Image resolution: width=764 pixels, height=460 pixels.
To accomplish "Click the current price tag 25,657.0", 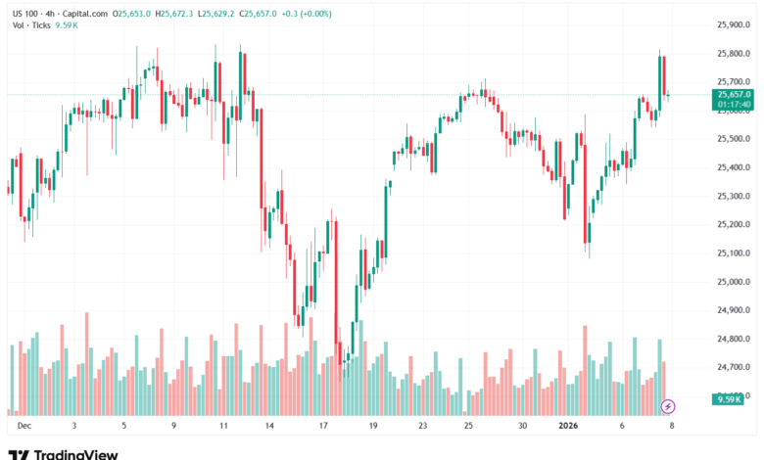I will click(734, 94).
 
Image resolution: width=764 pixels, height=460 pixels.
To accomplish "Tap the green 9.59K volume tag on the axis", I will click(728, 399).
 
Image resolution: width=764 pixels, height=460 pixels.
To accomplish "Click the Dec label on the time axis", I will click(24, 427).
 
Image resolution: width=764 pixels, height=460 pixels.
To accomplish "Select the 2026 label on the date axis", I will click(569, 427).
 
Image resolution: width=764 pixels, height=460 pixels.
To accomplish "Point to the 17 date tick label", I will click(323, 427).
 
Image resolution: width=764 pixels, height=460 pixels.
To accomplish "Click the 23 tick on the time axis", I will click(422, 427).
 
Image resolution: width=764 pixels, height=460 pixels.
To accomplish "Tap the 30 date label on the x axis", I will click(523, 427).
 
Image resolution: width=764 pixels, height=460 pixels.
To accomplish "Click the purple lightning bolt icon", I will click(669, 405).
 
